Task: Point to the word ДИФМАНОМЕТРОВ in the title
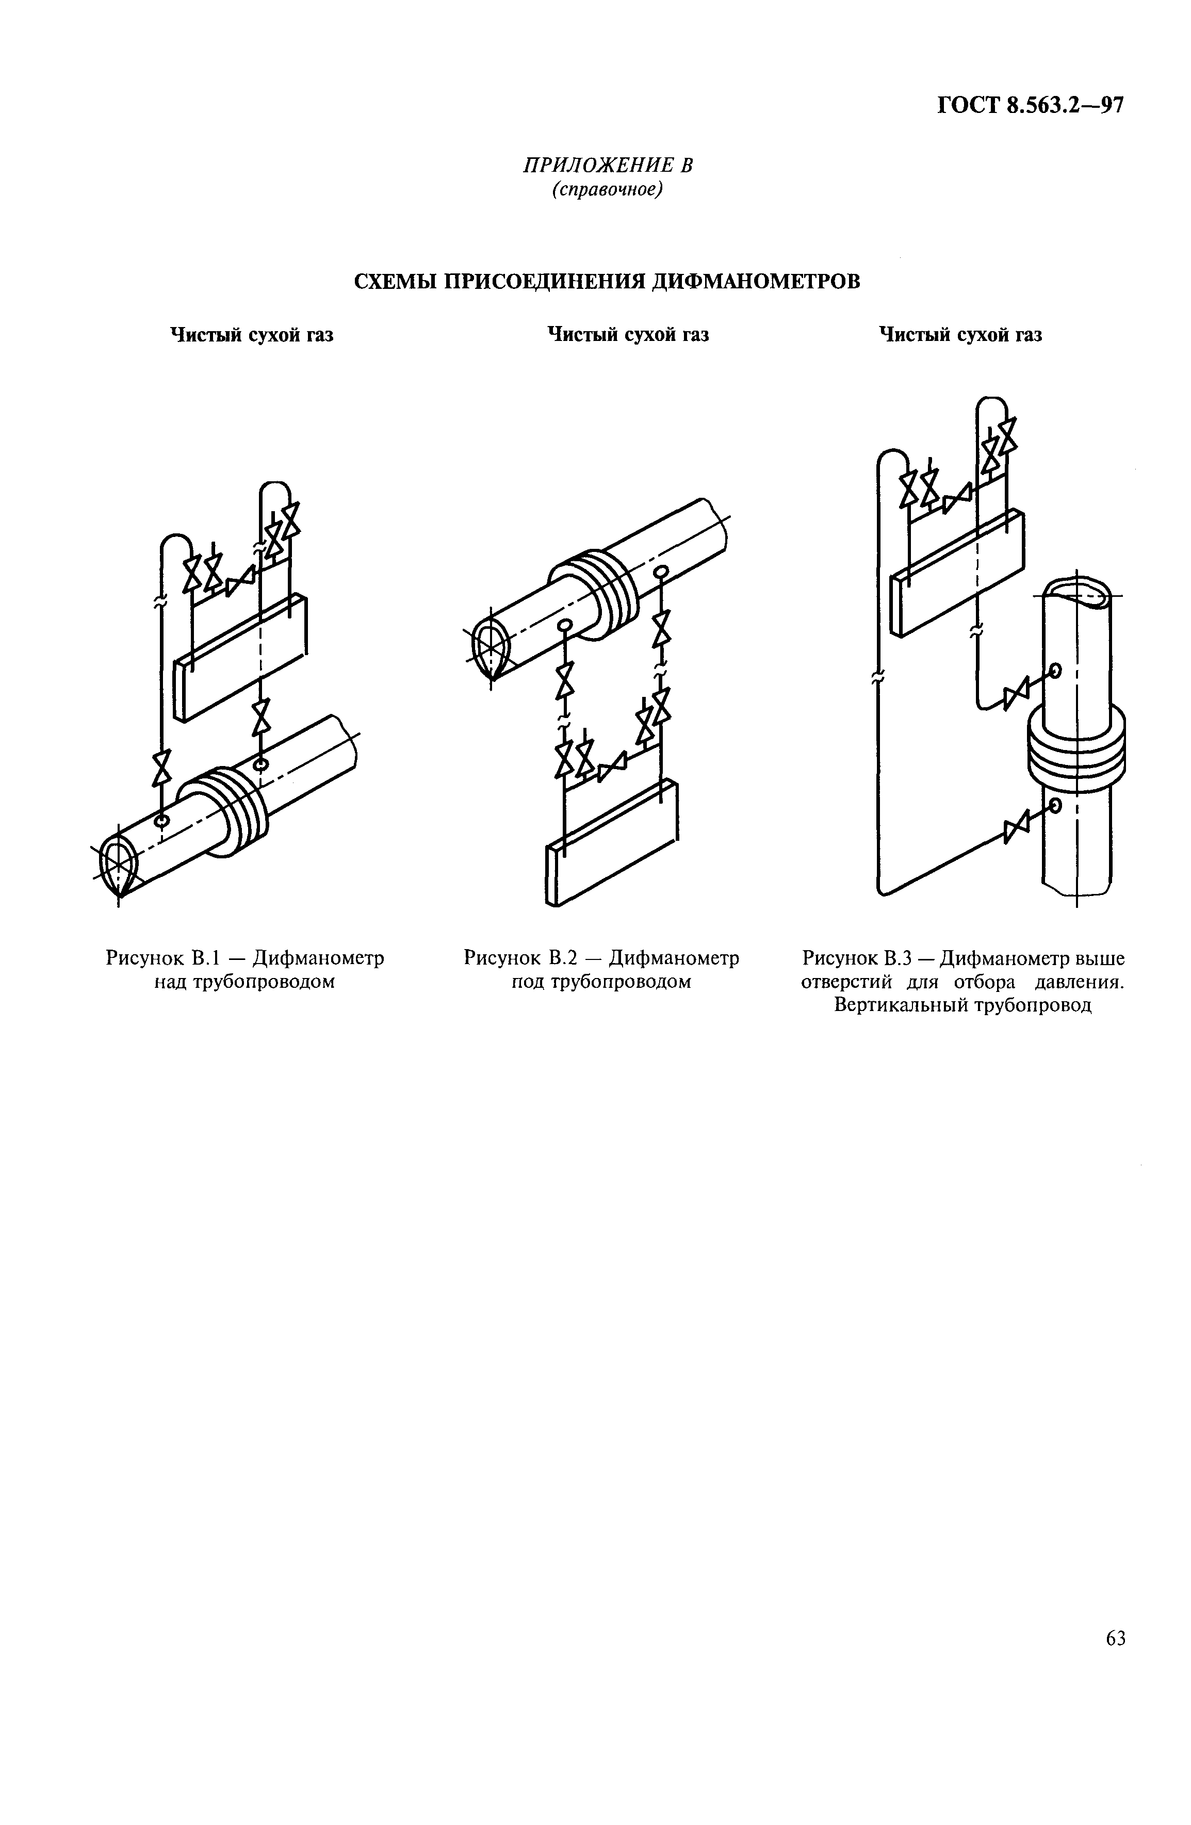(755, 282)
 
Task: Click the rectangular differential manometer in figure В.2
(612, 842)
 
